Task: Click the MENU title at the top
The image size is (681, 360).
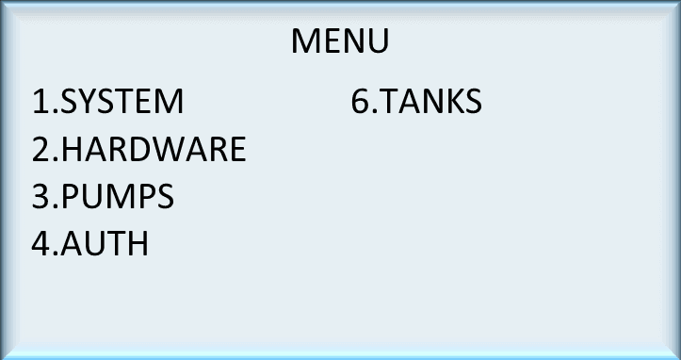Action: point(340,41)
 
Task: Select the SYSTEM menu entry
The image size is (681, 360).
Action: point(107,101)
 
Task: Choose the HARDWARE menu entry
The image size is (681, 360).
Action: point(138,149)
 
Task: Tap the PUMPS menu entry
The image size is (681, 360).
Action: point(103,197)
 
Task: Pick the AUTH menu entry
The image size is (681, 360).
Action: point(90,244)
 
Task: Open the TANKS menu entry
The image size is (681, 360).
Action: point(416,101)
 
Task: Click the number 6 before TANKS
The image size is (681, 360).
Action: point(360,101)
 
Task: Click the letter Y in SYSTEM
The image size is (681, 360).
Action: point(89,101)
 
